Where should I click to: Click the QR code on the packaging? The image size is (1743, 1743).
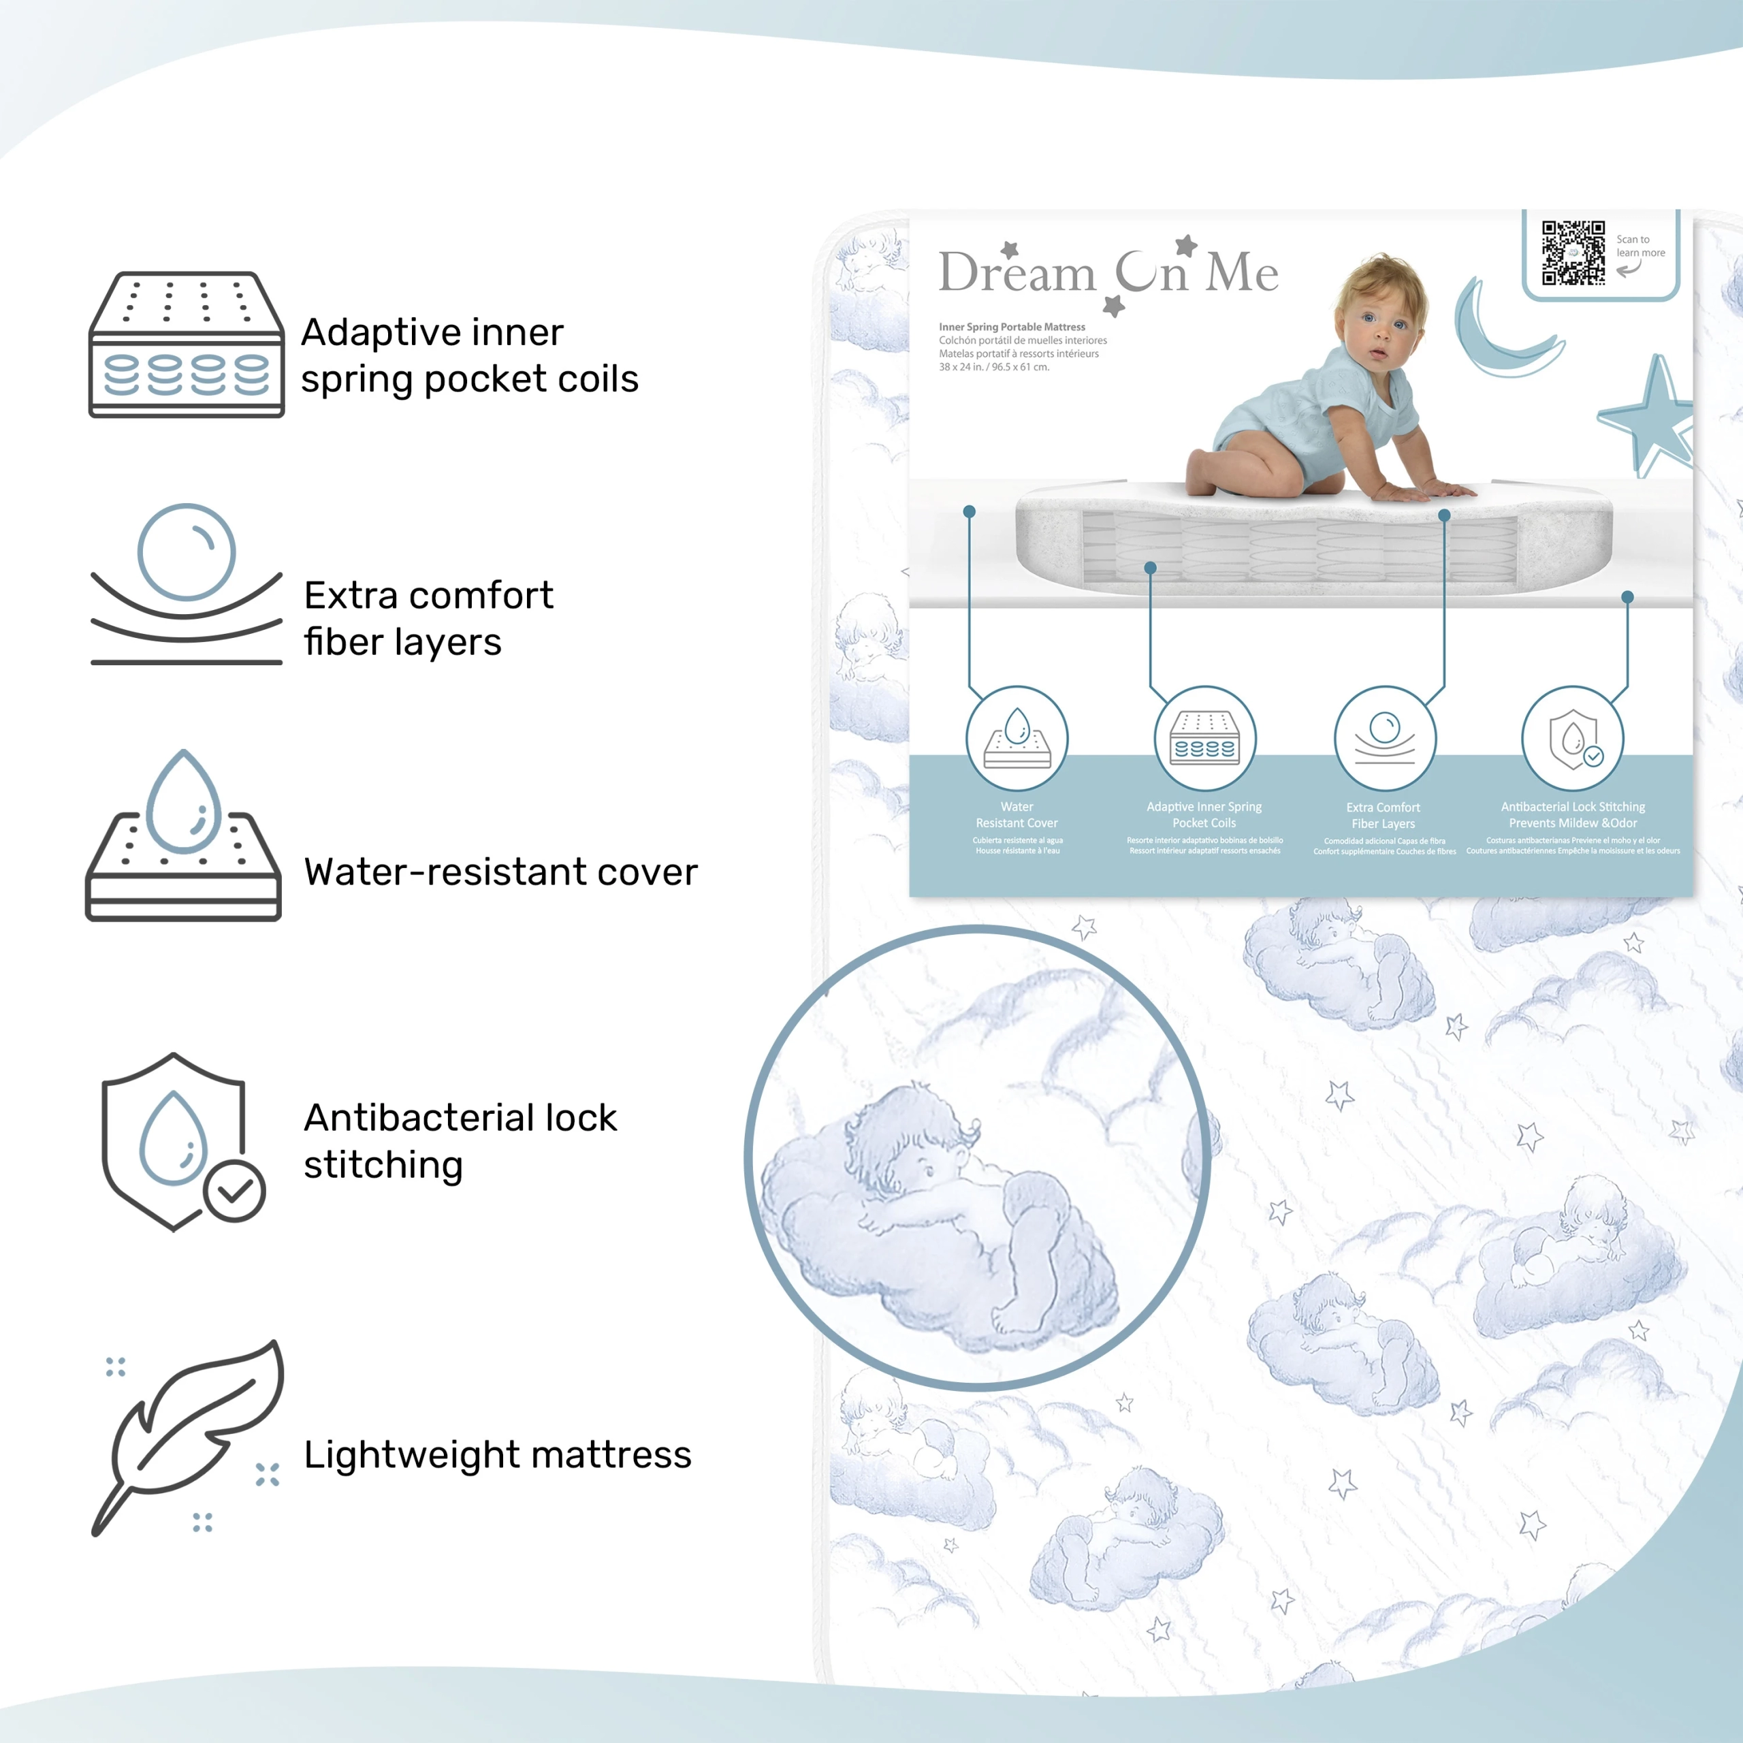[1573, 253]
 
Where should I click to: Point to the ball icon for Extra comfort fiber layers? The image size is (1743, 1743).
[187, 552]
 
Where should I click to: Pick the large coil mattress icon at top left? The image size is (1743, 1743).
[187, 345]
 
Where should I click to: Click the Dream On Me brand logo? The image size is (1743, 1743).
[1108, 272]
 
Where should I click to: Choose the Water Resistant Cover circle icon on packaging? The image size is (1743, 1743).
[1017, 739]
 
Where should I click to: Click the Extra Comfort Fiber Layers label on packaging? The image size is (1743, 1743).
[1383, 816]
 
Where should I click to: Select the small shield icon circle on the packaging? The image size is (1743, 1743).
[1573, 739]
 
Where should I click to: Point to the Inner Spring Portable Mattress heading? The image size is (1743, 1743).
[1011, 327]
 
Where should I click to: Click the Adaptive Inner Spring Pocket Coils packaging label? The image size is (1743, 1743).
[1204, 815]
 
